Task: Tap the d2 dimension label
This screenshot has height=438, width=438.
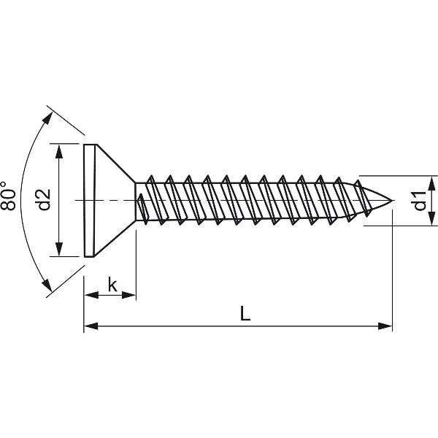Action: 43,200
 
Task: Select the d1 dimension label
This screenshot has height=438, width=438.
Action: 420,200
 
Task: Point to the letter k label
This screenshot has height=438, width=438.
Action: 112,284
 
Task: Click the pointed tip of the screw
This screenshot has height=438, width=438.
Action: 391,200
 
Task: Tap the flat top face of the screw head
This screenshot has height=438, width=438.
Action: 88,200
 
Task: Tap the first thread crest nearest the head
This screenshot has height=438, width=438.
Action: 149,178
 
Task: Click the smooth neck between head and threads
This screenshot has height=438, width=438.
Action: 139,200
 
